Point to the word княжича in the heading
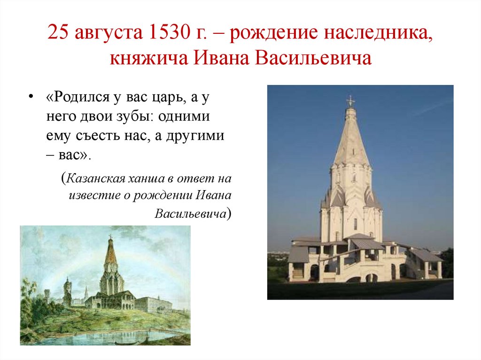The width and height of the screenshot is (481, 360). coord(147,59)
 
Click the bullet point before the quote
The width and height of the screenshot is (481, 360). coord(31,96)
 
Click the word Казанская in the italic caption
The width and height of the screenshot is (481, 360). coord(96,178)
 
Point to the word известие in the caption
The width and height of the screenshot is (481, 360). coord(91,196)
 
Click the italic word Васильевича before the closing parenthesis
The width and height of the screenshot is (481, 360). coord(190,214)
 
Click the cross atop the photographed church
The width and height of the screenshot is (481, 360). coord(350,100)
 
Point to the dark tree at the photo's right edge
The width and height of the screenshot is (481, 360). coord(447,262)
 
